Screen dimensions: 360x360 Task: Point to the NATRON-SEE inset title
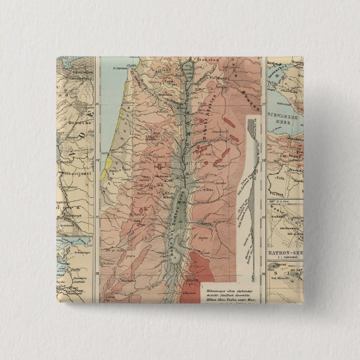285,252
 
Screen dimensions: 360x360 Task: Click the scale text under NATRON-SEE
285,260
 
